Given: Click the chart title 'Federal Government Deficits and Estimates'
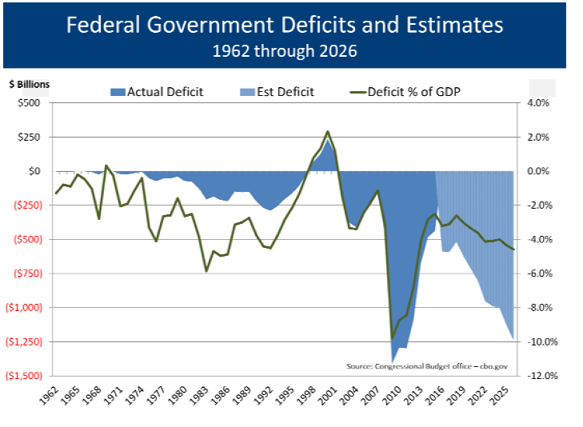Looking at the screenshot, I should point(285,25).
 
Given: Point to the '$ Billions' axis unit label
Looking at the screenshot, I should point(29,84).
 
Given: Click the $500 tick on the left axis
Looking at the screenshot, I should point(30,103).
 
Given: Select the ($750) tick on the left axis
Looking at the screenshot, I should point(27,273).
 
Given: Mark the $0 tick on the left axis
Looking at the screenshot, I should point(34,171).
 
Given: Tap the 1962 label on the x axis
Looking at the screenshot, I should point(50,393).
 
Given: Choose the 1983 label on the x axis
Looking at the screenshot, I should point(198,393).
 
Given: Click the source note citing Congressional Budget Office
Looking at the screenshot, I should point(427,365).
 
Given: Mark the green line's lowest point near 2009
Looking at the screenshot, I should point(392,337).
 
